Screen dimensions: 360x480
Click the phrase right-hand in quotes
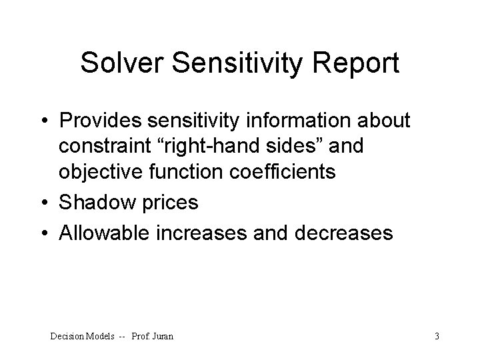228,147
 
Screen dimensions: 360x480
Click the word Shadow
98,203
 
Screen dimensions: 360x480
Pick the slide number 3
437,336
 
